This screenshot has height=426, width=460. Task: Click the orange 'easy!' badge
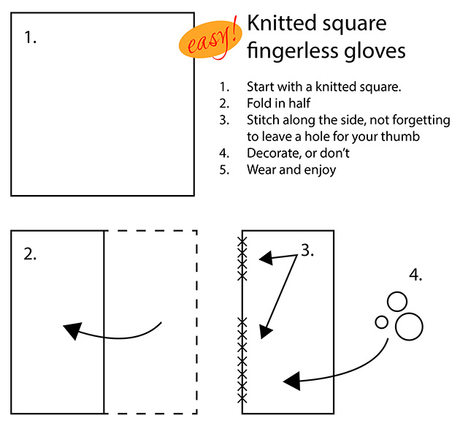click(210, 39)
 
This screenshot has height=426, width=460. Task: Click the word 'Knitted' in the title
click(279, 23)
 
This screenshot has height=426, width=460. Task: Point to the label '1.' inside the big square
click(30, 37)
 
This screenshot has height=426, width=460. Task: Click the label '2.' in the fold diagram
click(30, 254)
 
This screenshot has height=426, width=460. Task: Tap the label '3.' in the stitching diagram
click(307, 251)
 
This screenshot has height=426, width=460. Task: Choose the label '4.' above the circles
click(415, 275)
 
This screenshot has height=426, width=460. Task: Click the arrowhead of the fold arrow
click(72, 330)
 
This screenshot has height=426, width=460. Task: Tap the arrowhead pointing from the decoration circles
click(292, 381)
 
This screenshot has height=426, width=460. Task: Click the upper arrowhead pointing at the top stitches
click(267, 259)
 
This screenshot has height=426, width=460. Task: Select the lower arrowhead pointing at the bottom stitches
click(266, 332)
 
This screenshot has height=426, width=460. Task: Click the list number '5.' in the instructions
click(224, 170)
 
